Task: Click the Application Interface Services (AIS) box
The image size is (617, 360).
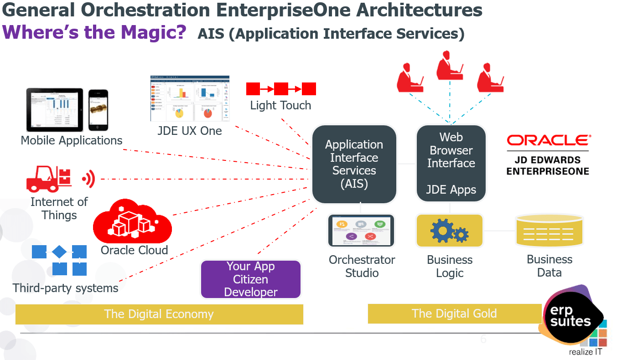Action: (354, 164)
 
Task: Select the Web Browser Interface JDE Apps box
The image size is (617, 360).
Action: (451, 163)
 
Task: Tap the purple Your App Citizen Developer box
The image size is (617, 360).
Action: (251, 279)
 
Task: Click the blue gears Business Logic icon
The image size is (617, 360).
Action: (449, 231)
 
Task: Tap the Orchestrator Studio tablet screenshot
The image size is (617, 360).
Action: (361, 231)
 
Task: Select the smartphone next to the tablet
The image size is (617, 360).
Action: (98, 110)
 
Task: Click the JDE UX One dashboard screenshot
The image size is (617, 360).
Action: (190, 98)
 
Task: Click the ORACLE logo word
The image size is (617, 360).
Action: (549, 140)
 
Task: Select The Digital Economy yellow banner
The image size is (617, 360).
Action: (159, 314)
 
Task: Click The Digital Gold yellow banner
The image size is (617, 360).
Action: (454, 314)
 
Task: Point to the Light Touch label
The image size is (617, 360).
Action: (280, 105)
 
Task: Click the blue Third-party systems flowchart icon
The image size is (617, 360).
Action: (59, 260)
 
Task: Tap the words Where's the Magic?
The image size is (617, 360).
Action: (94, 33)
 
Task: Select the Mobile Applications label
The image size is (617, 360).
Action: (72, 140)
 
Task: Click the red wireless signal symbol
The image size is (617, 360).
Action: (88, 179)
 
